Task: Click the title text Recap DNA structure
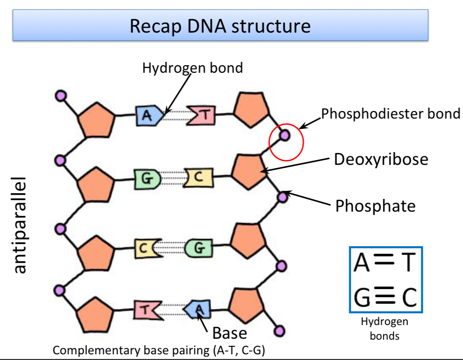point(220,26)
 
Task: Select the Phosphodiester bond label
point(390,113)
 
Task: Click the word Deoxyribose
point(381,159)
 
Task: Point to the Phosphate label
point(375,206)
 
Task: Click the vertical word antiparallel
point(18,225)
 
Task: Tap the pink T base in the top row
point(201,115)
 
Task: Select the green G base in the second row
point(147,179)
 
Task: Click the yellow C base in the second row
point(198,178)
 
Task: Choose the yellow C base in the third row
point(148,249)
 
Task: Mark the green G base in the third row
point(199,248)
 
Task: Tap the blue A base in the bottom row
point(197,309)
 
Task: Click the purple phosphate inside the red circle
point(285,135)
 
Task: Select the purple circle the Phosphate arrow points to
point(283,197)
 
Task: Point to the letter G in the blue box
point(362,297)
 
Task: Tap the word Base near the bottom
point(229,333)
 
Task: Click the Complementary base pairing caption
point(159,350)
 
